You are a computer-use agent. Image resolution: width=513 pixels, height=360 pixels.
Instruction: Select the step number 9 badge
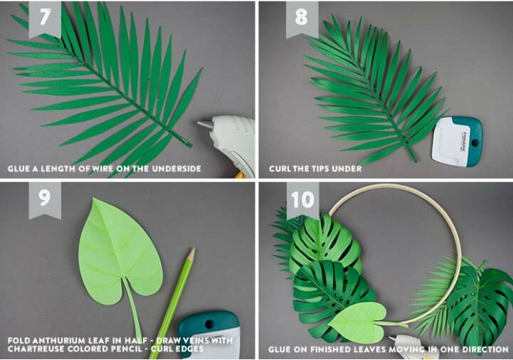[45, 200]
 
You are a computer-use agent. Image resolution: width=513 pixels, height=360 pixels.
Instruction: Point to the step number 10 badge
[302, 200]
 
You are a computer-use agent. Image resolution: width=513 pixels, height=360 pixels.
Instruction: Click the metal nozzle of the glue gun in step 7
[205, 125]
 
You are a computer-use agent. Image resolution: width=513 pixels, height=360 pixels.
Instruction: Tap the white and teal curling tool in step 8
[457, 142]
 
